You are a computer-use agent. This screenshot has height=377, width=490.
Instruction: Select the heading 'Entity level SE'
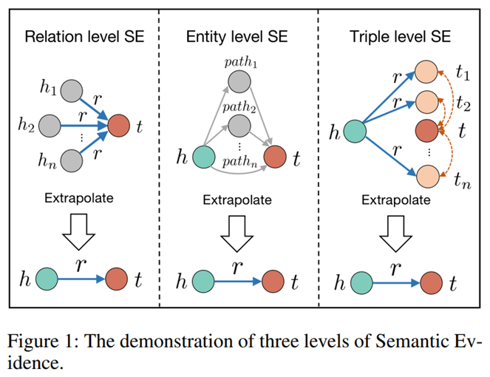238,38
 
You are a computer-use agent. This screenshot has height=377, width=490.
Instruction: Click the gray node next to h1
72,92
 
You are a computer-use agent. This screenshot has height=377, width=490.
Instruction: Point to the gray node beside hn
72,159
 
